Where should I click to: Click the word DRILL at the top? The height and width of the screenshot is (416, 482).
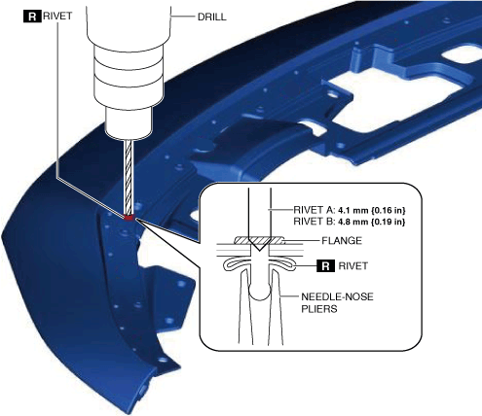click(212, 17)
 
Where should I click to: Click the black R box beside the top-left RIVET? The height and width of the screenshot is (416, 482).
click(32, 17)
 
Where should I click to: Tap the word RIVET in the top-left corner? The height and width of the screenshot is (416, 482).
click(57, 17)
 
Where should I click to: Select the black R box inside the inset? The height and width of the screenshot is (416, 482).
click(326, 266)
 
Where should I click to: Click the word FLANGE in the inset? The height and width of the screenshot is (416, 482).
click(342, 241)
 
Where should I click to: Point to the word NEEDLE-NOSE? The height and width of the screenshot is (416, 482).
click(337, 296)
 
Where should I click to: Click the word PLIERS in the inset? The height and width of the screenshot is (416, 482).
click(319, 309)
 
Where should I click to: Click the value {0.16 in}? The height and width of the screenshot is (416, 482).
click(389, 210)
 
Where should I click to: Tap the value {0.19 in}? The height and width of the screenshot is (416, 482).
click(389, 222)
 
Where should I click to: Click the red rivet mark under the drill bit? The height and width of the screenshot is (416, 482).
click(129, 218)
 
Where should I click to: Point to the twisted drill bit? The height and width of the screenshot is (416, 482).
click(129, 177)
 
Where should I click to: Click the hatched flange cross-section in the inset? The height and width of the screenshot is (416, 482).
click(259, 240)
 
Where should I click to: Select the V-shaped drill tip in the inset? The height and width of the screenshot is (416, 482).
click(259, 245)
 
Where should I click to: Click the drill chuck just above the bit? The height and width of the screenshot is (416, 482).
click(129, 123)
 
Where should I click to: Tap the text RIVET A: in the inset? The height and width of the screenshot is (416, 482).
click(314, 210)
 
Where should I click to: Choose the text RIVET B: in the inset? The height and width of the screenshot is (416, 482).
click(314, 222)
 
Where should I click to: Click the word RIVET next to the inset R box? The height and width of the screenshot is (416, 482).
click(353, 266)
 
